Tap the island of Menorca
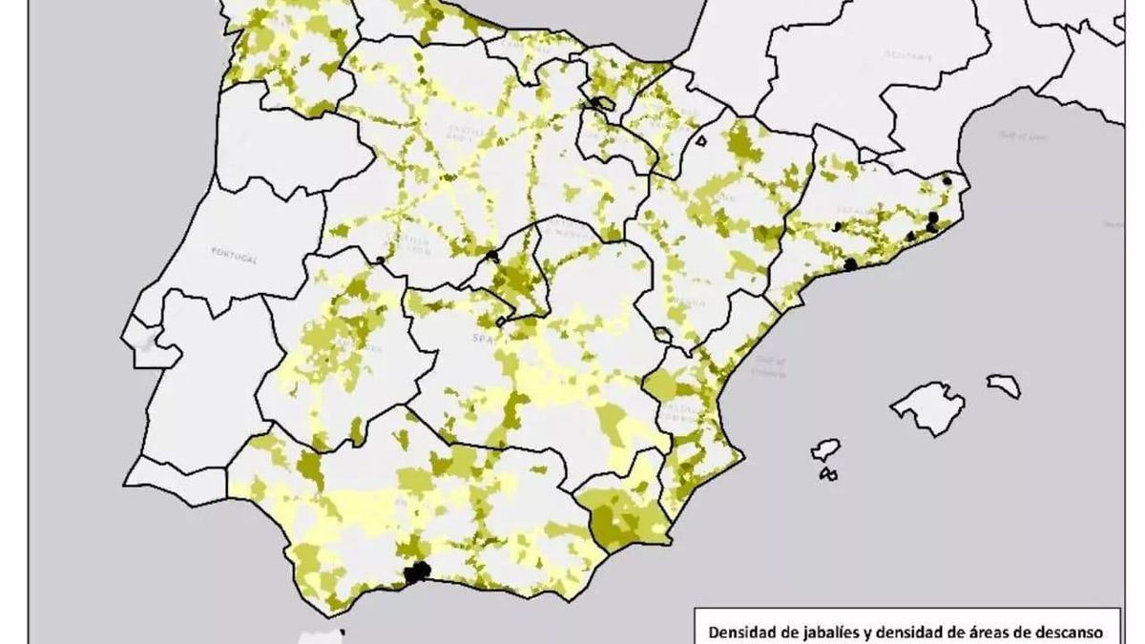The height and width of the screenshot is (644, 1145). coord(1003,384)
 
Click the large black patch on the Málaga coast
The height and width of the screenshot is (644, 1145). coord(416,572)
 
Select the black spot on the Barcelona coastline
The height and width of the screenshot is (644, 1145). coord(849,264)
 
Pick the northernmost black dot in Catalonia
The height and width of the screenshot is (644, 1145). coord(946,179)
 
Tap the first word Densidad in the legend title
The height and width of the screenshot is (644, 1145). coord(739,631)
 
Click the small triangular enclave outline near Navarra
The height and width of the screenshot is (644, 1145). coord(701,142)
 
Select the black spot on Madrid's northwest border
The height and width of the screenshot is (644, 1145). coord(492,256)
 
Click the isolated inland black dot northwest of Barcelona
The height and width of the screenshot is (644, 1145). coord(837,226)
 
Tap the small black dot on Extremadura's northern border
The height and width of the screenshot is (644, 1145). coord(380,260)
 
